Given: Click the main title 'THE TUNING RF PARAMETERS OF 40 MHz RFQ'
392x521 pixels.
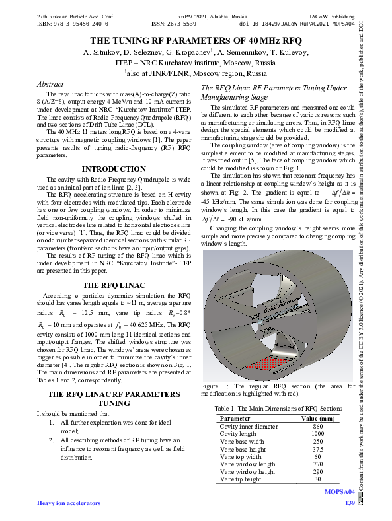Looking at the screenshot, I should click(x=196, y=40).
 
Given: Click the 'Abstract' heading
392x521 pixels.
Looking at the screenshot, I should click(x=50, y=85).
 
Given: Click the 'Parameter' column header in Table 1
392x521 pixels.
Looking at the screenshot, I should click(x=235, y=419).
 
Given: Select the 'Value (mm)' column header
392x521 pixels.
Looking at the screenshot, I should click(x=318, y=419).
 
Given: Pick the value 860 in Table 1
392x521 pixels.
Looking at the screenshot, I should click(x=318, y=426).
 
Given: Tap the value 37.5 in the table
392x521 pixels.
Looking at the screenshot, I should click(x=318, y=448).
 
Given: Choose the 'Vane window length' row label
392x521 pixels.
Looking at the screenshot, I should click(x=247, y=464).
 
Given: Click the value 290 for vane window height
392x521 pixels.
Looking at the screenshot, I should click(x=318, y=471).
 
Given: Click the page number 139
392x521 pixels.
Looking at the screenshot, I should click(x=350, y=504).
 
